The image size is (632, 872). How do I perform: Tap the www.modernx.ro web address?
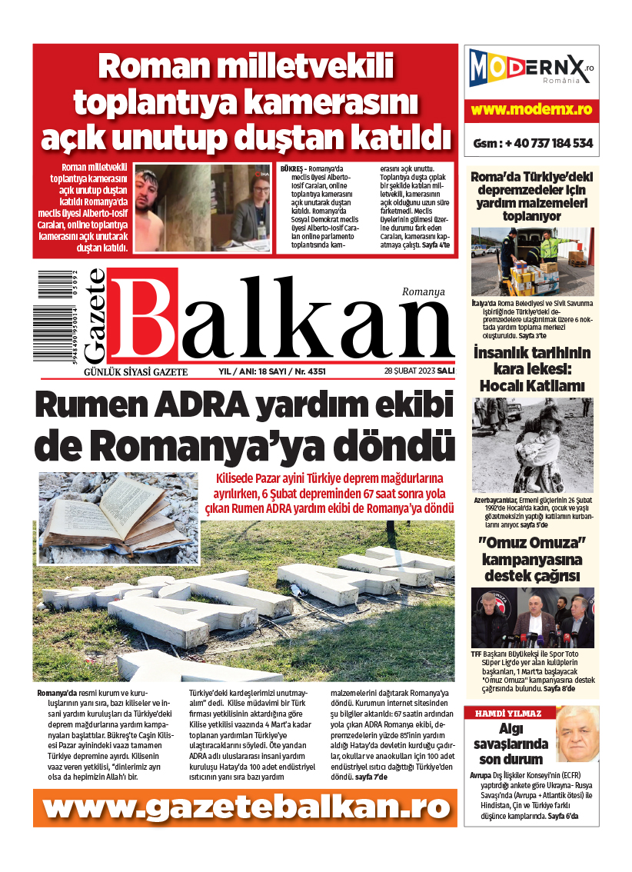[x=531, y=110]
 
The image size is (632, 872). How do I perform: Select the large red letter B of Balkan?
[x=144, y=315]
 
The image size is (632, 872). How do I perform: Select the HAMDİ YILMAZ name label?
[x=508, y=713]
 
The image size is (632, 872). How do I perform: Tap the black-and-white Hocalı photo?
[x=532, y=444]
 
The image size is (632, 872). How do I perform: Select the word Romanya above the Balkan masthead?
[x=424, y=291]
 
